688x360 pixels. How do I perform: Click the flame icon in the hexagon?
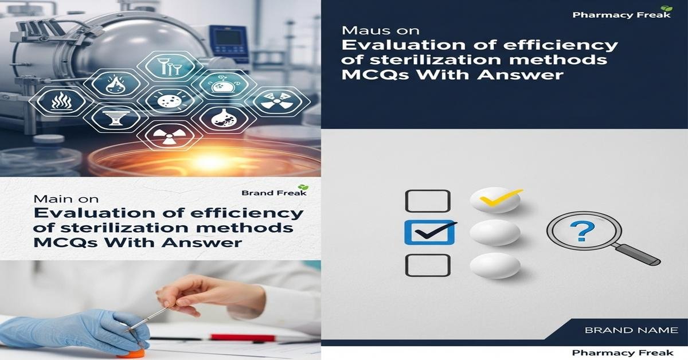112,85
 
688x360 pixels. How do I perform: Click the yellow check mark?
501,197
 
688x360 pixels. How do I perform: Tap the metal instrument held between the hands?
148,318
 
